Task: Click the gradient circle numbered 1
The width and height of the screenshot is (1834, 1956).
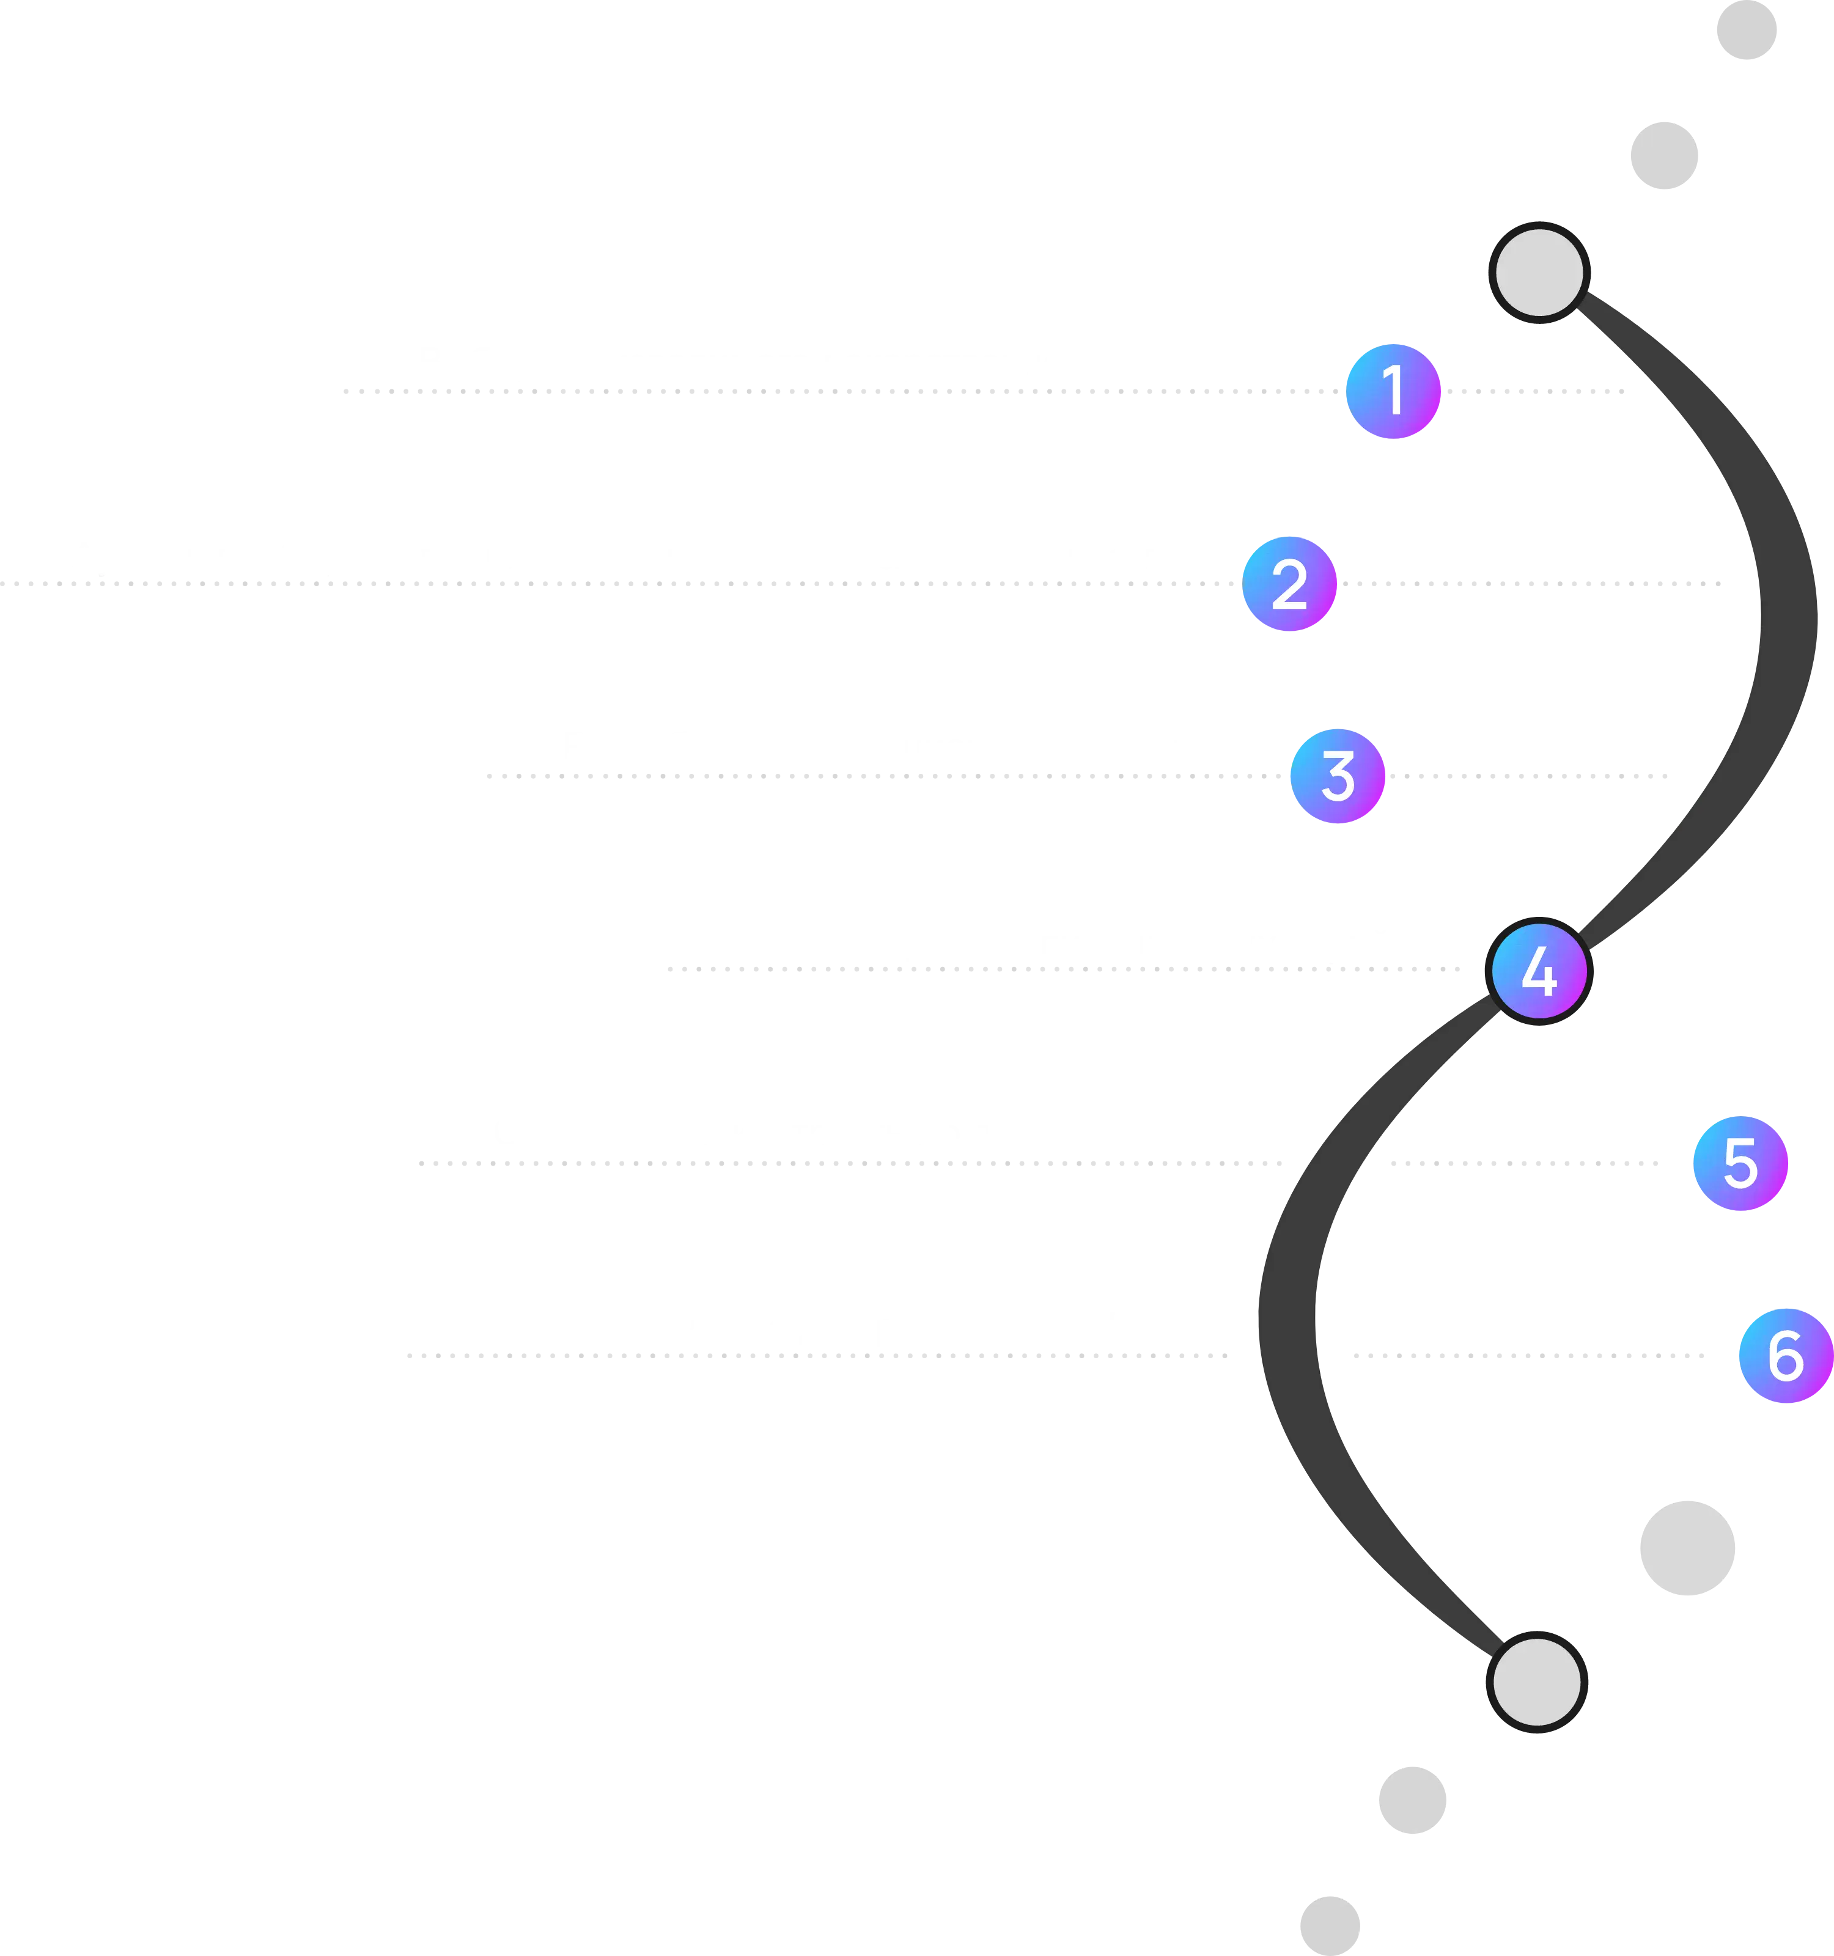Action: coord(1393,392)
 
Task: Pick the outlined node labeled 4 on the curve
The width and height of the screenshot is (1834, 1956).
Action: coord(1539,971)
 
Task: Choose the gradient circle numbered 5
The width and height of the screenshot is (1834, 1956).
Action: coord(1740,1163)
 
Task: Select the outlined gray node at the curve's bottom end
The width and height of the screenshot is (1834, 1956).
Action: coord(1537,1683)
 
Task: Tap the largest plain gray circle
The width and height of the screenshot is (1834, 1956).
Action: coord(1687,1548)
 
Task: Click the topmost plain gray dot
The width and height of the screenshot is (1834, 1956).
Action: coord(1747,29)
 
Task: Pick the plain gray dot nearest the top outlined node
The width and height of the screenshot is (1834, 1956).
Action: coord(1665,155)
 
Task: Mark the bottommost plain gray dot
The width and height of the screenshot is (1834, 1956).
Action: coord(1330,1925)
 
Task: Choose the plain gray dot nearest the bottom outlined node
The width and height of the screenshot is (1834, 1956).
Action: coord(1413,1800)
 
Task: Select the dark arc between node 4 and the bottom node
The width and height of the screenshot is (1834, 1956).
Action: coord(1287,1318)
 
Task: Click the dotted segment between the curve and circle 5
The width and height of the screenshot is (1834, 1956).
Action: coord(1525,1163)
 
